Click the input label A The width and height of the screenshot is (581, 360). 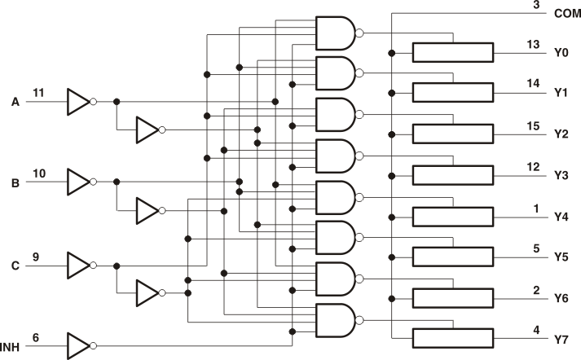point(15,102)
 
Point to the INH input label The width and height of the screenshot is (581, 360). point(14,348)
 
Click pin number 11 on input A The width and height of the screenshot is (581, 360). point(39,93)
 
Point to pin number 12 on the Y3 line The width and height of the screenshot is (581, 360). point(534,166)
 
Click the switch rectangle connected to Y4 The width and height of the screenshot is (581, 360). point(452,217)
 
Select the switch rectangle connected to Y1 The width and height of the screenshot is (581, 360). point(452,93)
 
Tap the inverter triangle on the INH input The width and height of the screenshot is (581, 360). point(77,345)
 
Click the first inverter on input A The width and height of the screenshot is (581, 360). point(77,102)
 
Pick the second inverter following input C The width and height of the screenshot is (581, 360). point(147,292)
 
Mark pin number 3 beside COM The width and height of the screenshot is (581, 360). point(536,5)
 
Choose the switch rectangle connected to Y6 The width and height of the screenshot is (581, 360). point(452,298)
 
